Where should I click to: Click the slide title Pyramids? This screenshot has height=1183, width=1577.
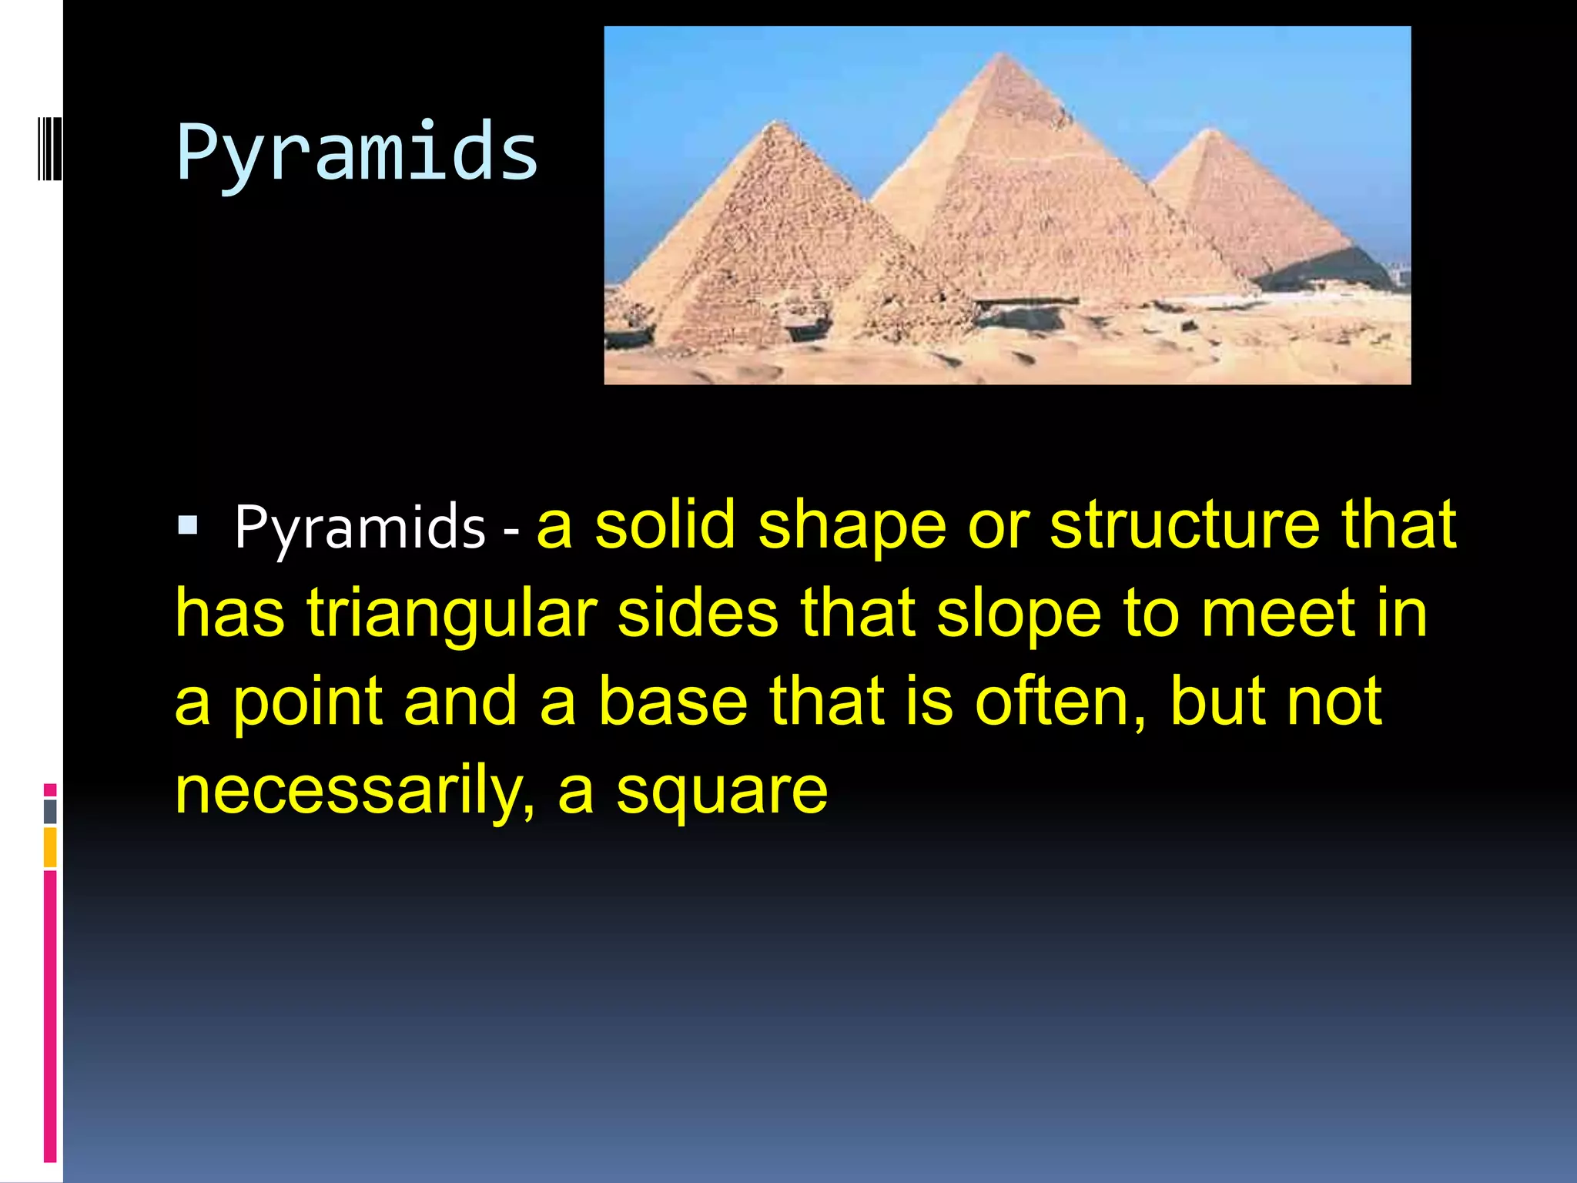357,152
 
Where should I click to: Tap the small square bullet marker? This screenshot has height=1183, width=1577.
188,525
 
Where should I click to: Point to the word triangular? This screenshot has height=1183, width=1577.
452,614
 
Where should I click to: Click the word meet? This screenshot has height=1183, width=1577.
1278,614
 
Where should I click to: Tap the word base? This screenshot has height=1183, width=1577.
673,702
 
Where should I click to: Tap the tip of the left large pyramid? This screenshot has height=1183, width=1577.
779,122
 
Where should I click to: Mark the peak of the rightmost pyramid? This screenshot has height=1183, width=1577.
1210,130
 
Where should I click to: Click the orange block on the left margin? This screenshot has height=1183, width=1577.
50,846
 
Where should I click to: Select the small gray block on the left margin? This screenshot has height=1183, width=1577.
50,811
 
